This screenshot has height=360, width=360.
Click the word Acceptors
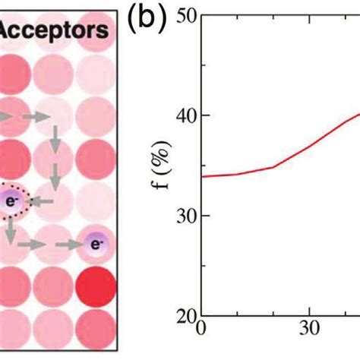pos(56,32)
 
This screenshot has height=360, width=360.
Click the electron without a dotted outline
pos(96,245)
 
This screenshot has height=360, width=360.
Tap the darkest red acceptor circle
pos(96,286)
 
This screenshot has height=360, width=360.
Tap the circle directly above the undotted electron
pos(96,202)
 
